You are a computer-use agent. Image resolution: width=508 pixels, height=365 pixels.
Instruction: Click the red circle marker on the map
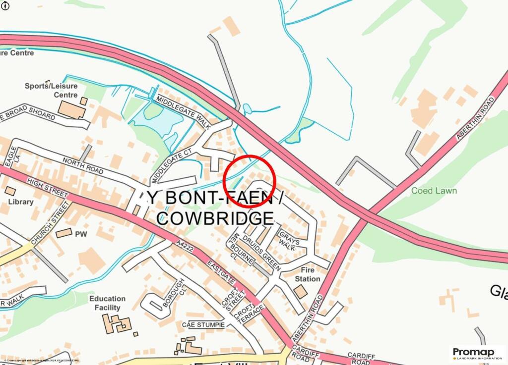tap(250, 181)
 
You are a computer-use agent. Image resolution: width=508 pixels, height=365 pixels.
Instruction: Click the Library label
tap(21, 202)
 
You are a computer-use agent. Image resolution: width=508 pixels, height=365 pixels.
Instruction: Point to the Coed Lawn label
tap(434, 191)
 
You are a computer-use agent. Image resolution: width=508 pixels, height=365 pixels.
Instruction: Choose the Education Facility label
tap(107, 303)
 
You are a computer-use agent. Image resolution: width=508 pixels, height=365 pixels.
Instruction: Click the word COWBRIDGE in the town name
tap(215, 218)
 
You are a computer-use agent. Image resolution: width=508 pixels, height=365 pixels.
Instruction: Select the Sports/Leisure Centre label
tap(52, 90)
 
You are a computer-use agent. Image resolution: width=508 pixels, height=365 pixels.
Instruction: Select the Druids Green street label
tap(262, 250)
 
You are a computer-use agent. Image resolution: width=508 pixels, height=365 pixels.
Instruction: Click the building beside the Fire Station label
tap(300, 292)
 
